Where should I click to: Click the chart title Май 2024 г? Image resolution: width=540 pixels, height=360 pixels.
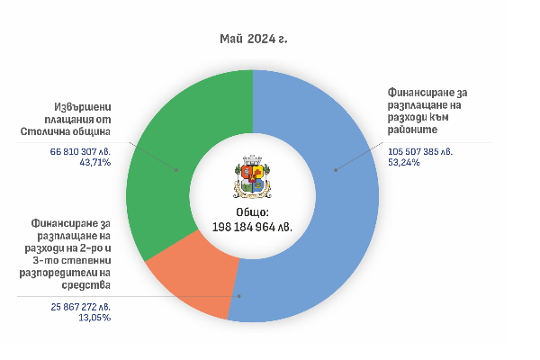click(253, 40)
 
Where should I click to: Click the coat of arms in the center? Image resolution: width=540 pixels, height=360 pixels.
click(253, 175)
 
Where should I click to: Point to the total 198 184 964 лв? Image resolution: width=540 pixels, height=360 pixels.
click(253, 225)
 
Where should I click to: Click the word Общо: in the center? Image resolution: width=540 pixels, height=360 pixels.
click(253, 211)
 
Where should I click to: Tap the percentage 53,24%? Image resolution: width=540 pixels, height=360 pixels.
click(404, 163)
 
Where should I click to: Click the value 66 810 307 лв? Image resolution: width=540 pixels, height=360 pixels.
click(86, 152)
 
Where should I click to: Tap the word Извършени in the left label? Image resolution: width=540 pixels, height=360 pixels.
click(77, 108)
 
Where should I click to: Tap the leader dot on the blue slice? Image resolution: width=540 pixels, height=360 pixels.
click(336, 168)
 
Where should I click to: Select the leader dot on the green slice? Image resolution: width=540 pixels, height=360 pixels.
click(176, 168)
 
